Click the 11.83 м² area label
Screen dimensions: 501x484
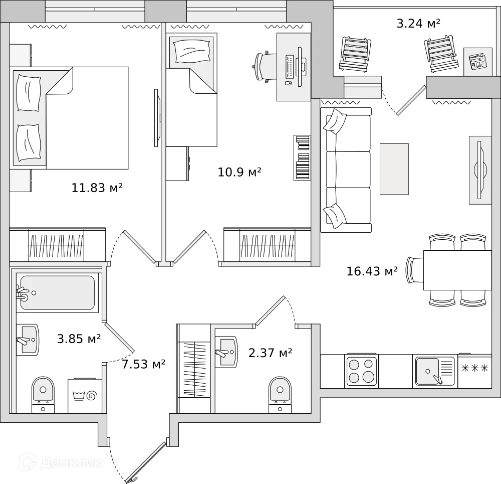97,188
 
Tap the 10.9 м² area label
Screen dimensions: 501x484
239,172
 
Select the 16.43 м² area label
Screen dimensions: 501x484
372,271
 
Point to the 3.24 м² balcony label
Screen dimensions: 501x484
418,24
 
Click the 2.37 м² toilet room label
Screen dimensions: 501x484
271,353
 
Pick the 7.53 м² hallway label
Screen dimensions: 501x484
143,364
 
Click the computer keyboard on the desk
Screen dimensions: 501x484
290,67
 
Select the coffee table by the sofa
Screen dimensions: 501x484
394,169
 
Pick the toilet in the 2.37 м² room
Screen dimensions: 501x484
280,395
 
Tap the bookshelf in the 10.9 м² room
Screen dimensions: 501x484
302,157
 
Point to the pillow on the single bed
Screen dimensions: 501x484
192,51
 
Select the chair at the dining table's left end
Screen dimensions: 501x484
415,270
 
